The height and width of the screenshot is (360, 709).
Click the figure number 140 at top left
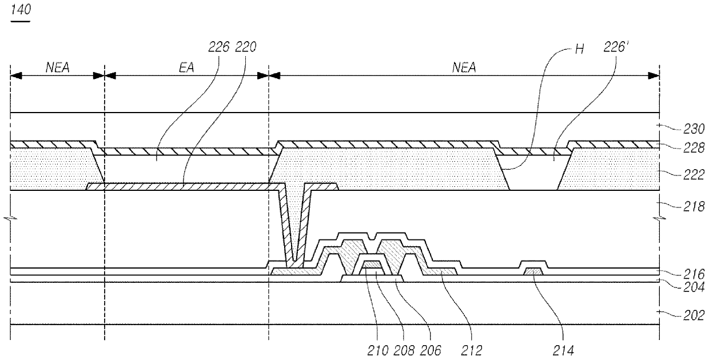pyautogui.click(x=21, y=10)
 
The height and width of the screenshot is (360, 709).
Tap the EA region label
pyautogui.click(x=186, y=67)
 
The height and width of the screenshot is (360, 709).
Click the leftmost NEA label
pyautogui.click(x=58, y=67)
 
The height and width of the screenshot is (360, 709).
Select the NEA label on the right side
pyautogui.click(x=464, y=67)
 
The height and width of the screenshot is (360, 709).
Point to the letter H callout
pyautogui.click(x=580, y=49)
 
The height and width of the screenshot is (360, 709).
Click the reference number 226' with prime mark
pyautogui.click(x=616, y=47)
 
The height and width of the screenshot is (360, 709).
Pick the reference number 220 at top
pyautogui.click(x=246, y=47)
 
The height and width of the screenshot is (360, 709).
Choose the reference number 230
pyautogui.click(x=694, y=129)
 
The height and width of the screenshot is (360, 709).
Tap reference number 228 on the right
pyautogui.click(x=694, y=148)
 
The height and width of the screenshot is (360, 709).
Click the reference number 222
pyautogui.click(x=694, y=175)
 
